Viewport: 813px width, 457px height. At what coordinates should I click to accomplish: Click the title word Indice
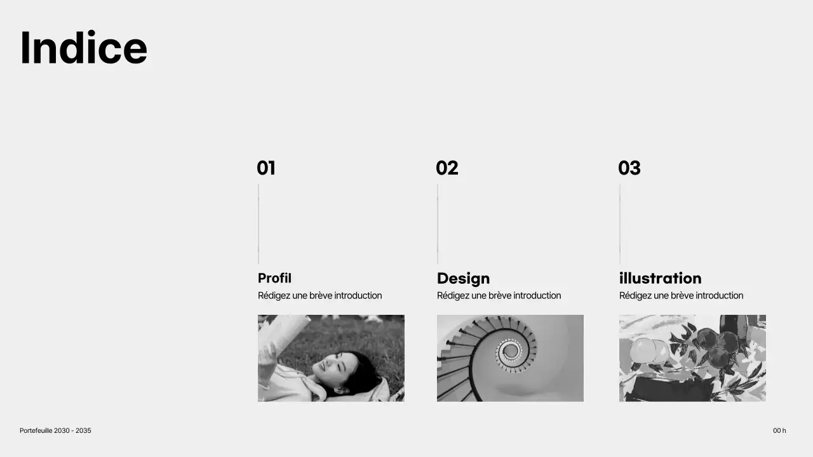pos(83,48)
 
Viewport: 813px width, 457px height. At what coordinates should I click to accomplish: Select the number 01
pos(265,168)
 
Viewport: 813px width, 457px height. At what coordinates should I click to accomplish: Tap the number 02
pos(447,168)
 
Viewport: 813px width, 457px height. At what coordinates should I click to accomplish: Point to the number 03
pos(629,168)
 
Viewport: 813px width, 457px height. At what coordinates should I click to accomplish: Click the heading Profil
pos(274,278)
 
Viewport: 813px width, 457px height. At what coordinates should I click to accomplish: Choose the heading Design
pos(463,278)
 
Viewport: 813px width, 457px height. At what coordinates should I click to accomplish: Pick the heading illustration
pos(660,278)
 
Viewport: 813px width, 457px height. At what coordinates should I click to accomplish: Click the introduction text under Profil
pos(319,296)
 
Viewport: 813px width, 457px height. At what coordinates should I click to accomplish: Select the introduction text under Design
pos(499,296)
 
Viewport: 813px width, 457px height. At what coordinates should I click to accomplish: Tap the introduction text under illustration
pos(681,296)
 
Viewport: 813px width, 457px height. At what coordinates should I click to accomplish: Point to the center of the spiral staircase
pos(510,349)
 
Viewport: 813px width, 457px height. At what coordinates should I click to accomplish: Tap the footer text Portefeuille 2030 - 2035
pos(55,430)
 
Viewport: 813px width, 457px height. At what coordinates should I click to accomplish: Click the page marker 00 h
pos(779,430)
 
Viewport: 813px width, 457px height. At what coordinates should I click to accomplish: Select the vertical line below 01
pos(259,223)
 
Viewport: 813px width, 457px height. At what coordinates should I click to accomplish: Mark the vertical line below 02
pos(438,223)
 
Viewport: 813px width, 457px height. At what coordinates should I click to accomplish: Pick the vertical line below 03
pos(620,223)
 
